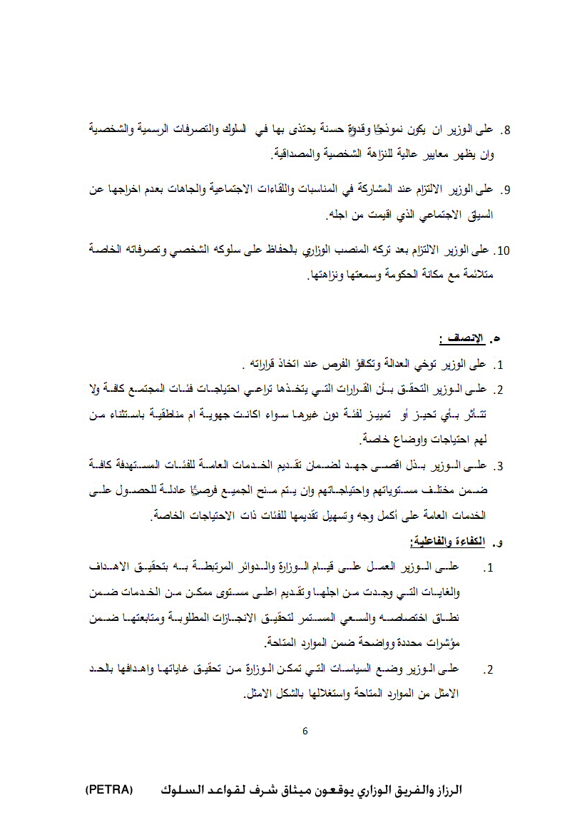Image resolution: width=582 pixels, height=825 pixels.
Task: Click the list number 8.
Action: click(x=508, y=131)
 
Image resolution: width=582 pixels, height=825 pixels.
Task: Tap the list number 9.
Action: click(x=508, y=191)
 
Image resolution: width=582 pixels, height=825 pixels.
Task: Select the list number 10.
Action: click(x=504, y=251)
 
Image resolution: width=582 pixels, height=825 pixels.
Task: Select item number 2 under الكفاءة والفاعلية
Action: click(x=489, y=671)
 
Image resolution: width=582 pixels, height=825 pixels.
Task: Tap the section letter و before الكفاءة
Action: click(x=499, y=544)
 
